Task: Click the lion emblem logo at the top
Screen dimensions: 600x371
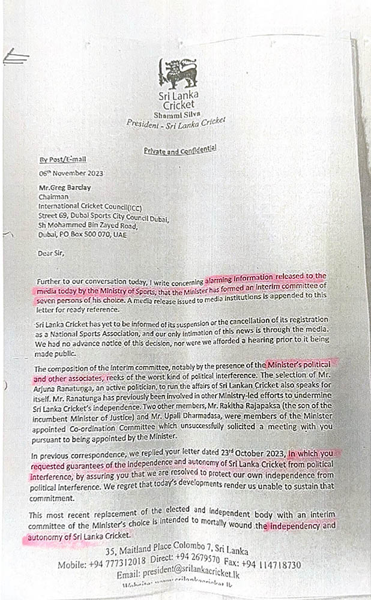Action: tap(180, 73)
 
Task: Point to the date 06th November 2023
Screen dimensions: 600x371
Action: tap(71, 173)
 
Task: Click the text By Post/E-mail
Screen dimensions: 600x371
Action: tap(62, 159)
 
